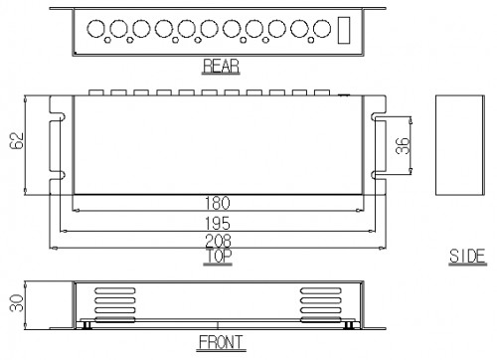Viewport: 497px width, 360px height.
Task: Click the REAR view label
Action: click(221, 66)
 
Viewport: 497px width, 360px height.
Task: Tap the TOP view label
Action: click(218, 256)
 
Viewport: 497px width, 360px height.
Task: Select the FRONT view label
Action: click(221, 342)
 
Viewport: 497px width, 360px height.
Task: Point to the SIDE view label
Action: click(467, 257)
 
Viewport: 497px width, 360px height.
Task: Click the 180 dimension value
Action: click(218, 203)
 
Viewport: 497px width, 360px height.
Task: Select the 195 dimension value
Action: click(218, 224)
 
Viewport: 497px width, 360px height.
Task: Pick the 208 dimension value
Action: click(218, 241)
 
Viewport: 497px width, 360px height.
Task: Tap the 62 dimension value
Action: click(17, 140)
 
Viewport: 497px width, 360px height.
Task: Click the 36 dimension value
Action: click(403, 145)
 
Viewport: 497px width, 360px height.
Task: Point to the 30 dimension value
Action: click(17, 303)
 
